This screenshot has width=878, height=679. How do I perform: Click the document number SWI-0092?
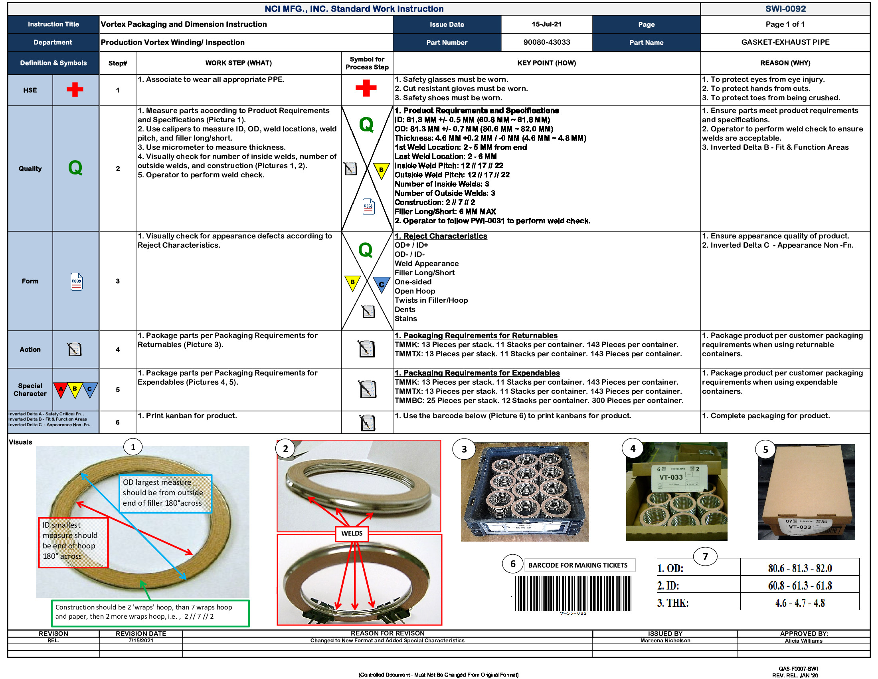coord(785,9)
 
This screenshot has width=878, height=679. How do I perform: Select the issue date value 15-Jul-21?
coord(546,24)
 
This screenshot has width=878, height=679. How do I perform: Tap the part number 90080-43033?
coord(546,42)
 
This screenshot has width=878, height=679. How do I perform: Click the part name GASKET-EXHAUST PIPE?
coord(785,42)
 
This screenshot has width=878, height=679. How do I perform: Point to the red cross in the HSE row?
coord(75,90)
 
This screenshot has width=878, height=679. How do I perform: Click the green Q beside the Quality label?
coord(75,168)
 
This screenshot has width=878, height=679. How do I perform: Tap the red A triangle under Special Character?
coord(61,389)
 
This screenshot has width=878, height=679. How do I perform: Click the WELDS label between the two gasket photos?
coord(352,533)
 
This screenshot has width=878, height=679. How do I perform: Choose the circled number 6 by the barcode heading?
coord(512,564)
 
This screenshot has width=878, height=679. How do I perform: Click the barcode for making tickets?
coord(573,593)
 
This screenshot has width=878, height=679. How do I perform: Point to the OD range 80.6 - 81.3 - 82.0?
coord(800,568)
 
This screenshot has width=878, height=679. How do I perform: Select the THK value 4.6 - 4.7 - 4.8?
coord(800,603)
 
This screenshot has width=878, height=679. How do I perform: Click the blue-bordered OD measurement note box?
coord(165,493)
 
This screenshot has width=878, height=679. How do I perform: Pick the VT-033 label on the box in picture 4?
coord(671,477)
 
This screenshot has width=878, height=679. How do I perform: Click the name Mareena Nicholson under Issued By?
coord(665,641)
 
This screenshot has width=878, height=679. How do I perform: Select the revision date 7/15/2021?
coord(141,641)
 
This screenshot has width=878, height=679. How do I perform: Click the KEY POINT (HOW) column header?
coord(546,63)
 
